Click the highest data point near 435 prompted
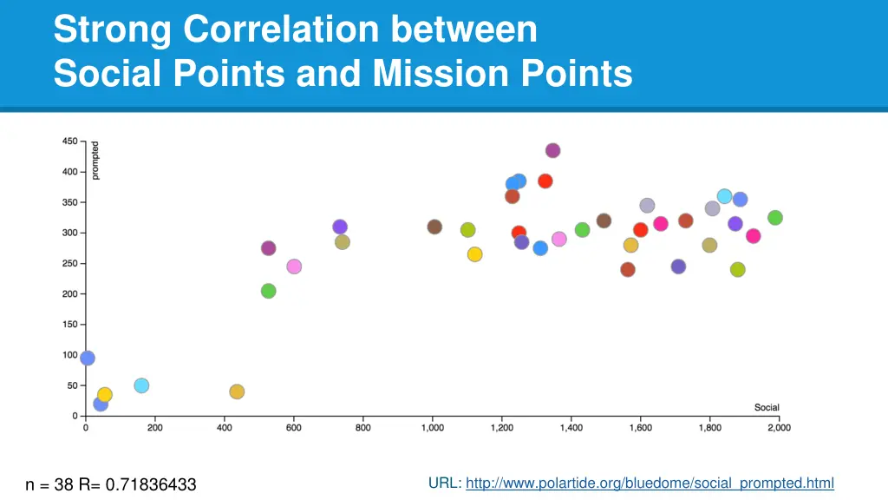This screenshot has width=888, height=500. (552, 150)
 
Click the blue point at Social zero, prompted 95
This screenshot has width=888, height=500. (88, 358)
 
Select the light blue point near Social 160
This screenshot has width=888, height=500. (141, 385)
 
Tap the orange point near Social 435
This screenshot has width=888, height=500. (237, 391)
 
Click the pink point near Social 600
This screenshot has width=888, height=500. (294, 266)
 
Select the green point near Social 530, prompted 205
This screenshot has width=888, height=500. (269, 291)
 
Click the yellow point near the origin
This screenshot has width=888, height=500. (105, 395)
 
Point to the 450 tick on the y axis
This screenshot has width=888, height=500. (69, 141)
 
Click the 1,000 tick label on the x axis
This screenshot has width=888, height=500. (432, 428)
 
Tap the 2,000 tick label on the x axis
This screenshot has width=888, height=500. (779, 428)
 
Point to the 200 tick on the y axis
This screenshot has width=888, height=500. (69, 294)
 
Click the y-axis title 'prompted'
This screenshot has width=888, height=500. (95, 161)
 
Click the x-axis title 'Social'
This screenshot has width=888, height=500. (767, 407)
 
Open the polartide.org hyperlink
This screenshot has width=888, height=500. (650, 483)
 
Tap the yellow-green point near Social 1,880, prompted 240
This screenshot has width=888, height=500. (738, 270)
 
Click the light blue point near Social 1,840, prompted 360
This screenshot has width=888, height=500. (724, 196)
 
